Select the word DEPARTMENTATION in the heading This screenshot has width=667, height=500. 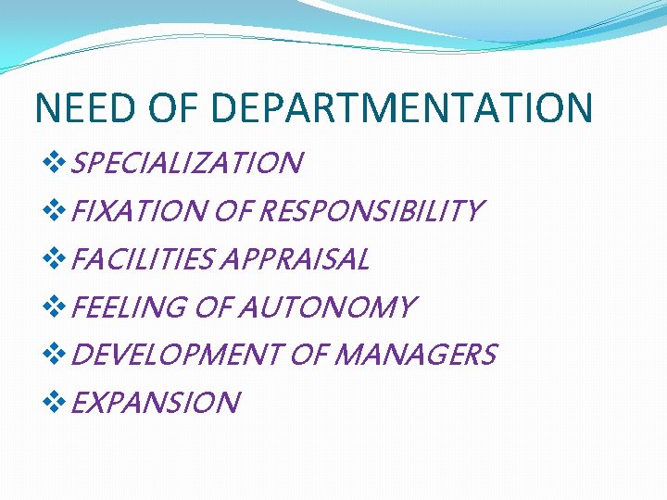[x=402, y=107]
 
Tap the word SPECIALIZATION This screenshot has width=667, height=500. [x=186, y=164]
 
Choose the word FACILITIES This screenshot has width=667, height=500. [x=141, y=260]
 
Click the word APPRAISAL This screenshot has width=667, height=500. [x=294, y=260]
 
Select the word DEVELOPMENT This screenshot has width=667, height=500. [x=177, y=355]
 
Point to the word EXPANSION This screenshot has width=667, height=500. [x=155, y=403]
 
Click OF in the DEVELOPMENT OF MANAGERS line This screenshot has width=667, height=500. [x=308, y=355]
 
